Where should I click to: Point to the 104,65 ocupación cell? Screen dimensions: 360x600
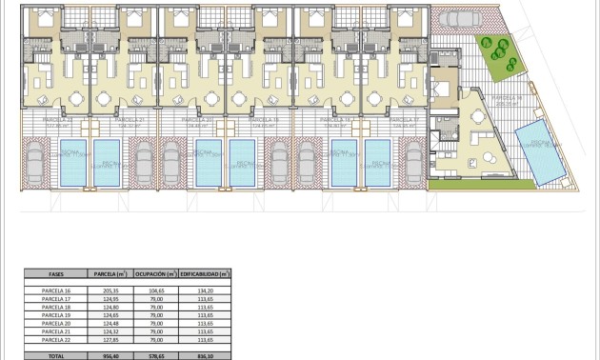pos(156,290)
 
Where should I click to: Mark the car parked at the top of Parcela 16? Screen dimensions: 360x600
pos(458,22)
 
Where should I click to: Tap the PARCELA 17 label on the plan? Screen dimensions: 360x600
pos(404,121)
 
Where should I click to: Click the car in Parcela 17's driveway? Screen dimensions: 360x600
pos(414,162)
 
